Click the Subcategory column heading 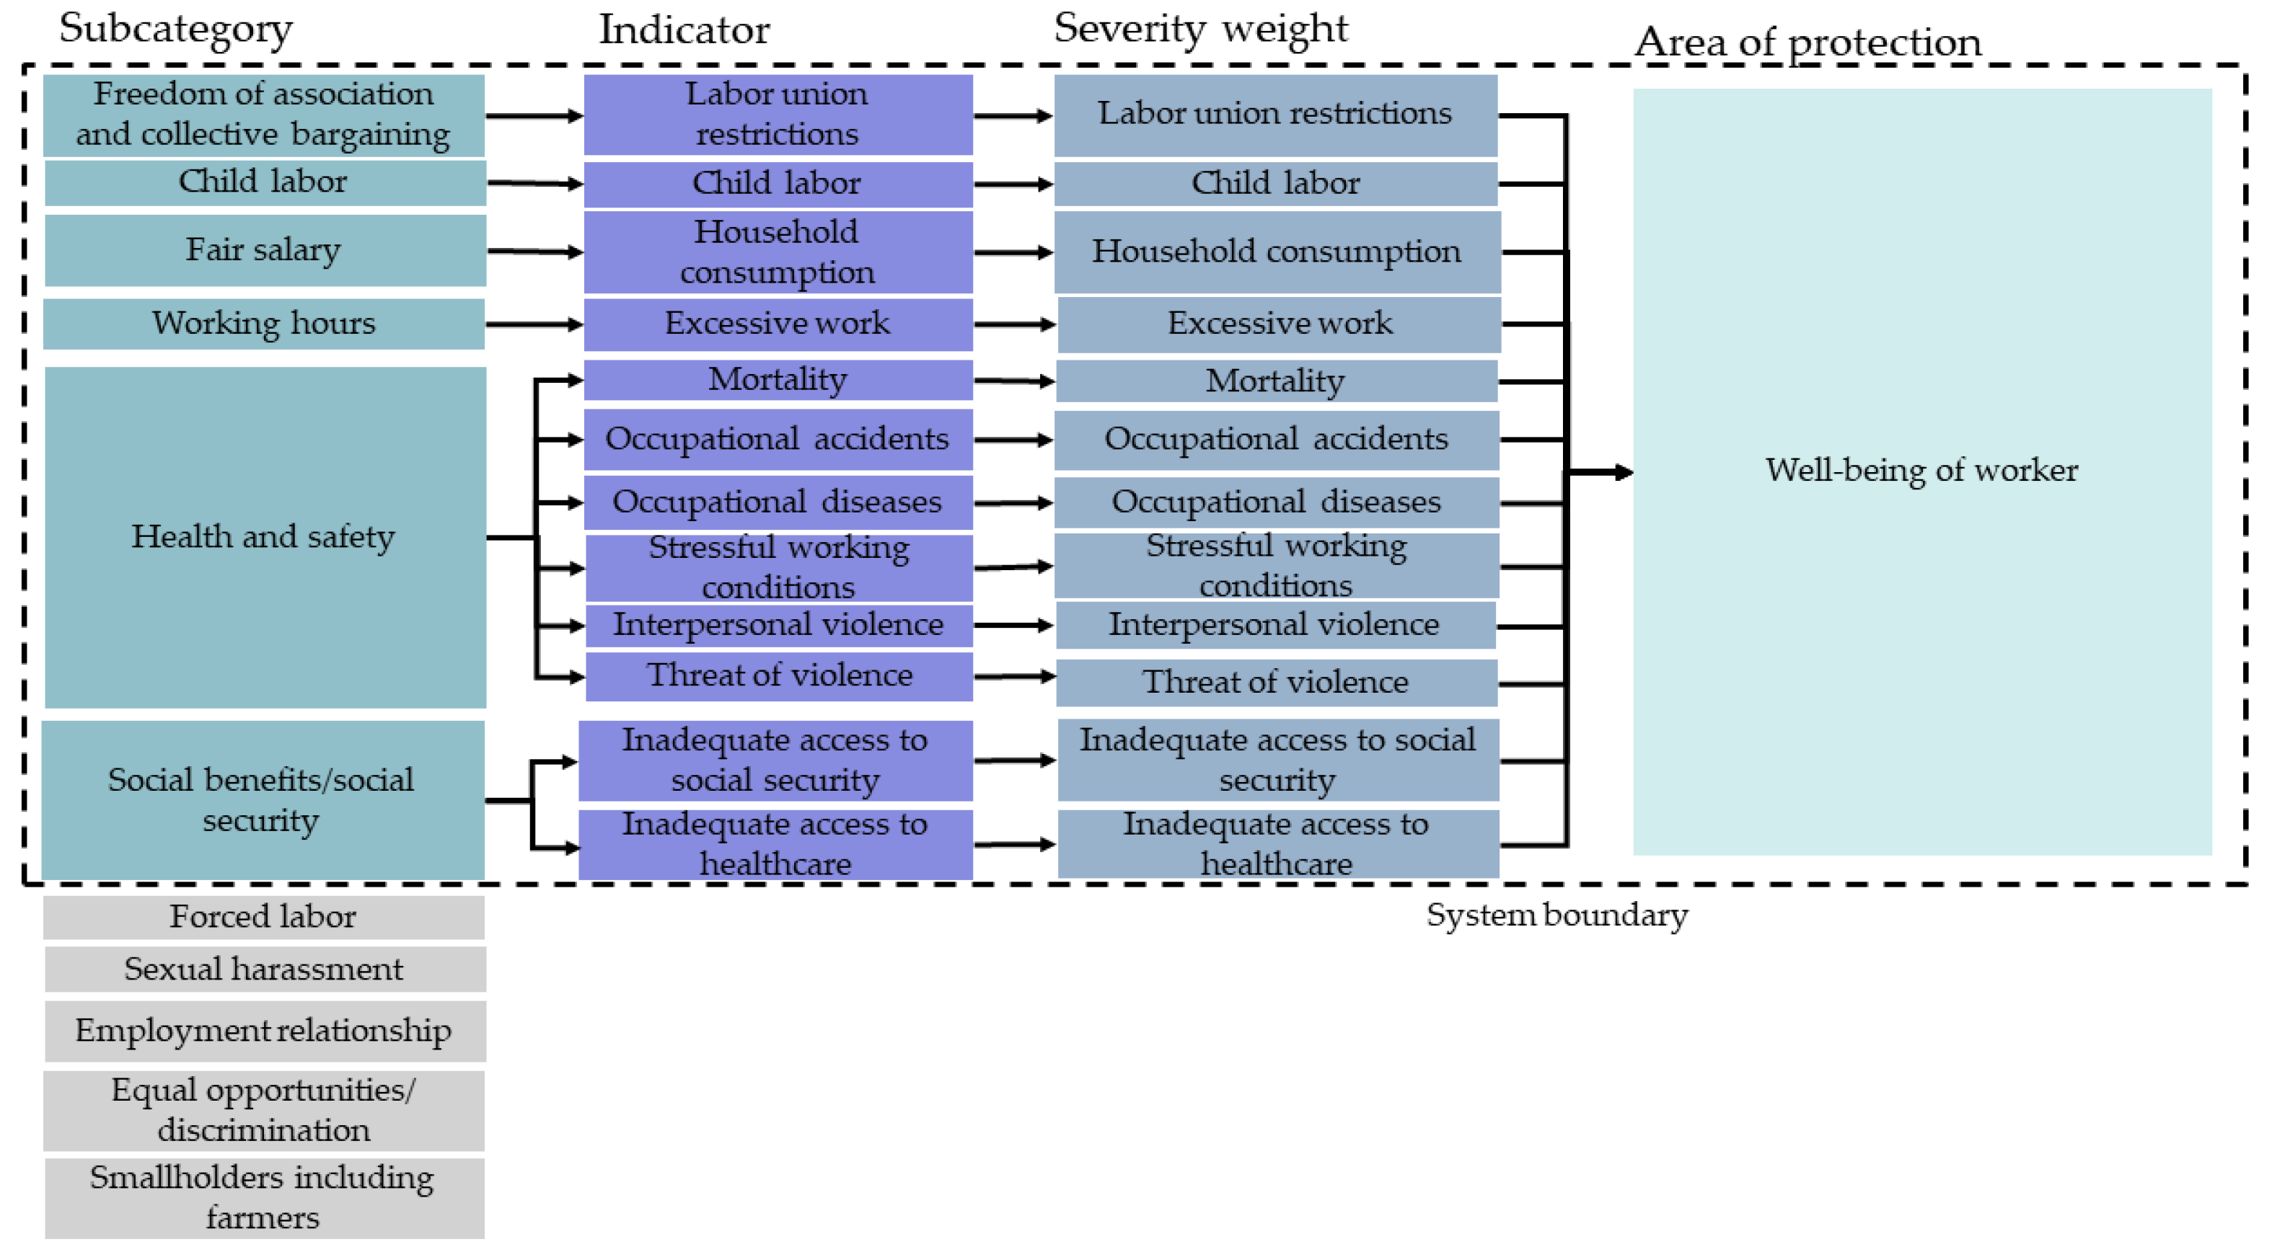175,28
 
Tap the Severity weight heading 1199,28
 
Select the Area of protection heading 1808,41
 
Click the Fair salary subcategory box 264,250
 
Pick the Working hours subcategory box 264,324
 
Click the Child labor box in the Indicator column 777,183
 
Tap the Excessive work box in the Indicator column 777,324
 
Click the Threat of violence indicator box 779,675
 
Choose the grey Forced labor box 264,917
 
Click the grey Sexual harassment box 264,969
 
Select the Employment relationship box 264,1031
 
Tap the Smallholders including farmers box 264,1197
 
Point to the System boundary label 1557,915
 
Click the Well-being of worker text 1921,470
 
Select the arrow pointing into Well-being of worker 1600,473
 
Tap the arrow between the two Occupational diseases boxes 1013,502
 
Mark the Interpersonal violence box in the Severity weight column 1274,625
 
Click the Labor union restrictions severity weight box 1274,115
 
